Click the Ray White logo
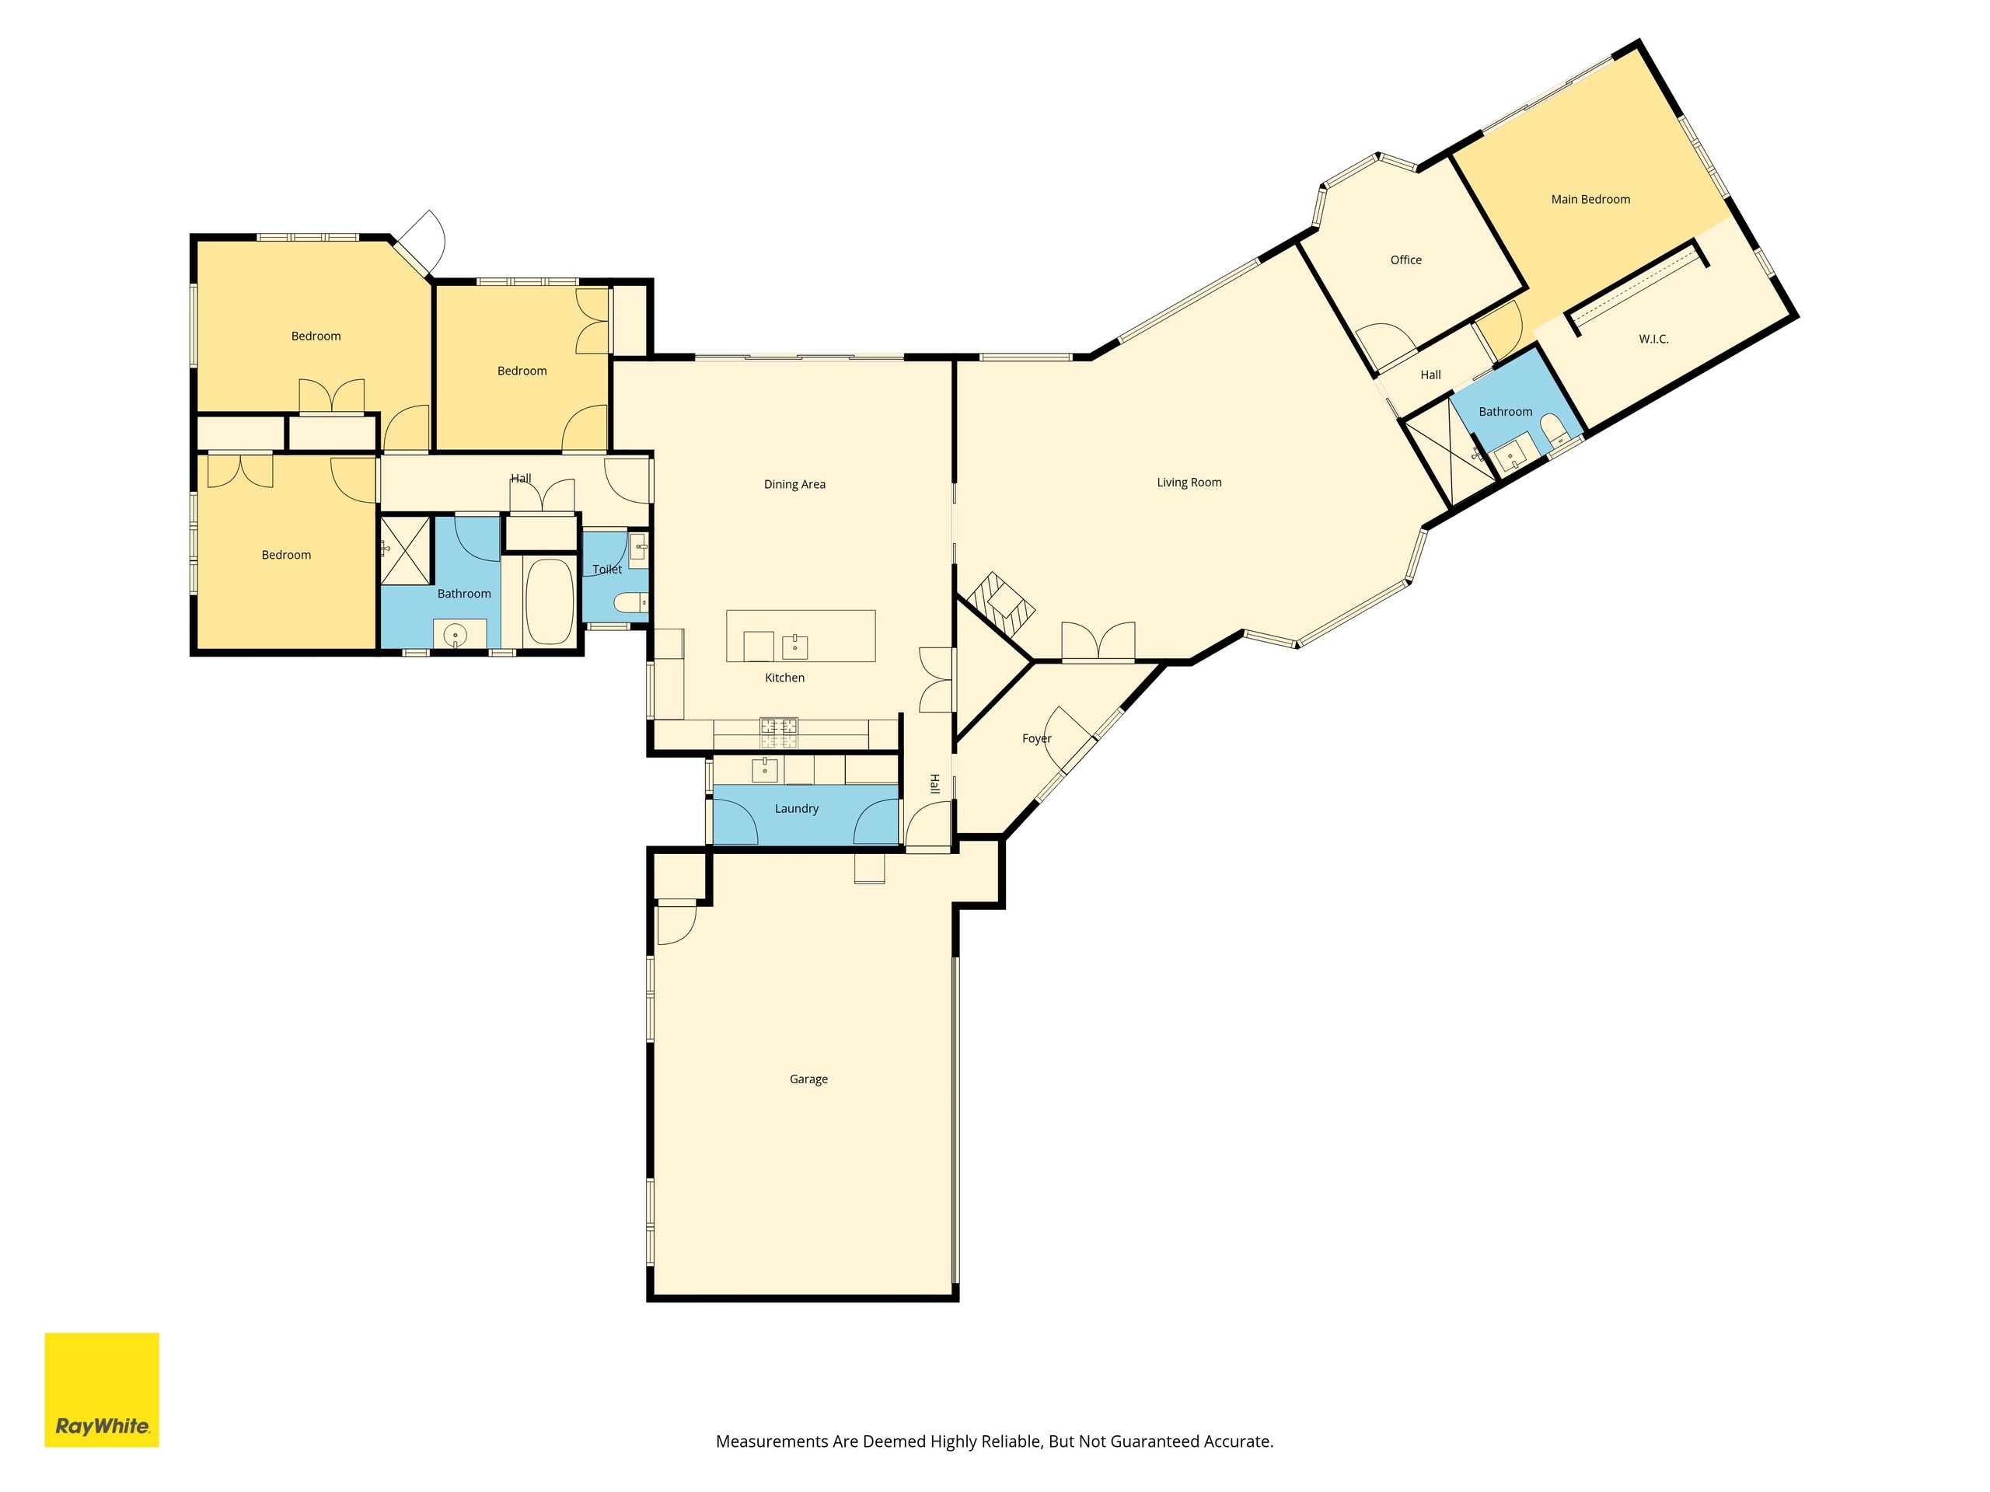click(102, 1389)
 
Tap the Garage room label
click(808, 1079)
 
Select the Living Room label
click(1189, 483)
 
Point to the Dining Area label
click(794, 485)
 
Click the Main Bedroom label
click(1590, 200)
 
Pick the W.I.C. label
click(1653, 339)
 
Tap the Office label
click(1405, 260)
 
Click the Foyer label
click(1036, 738)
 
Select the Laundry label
click(796, 808)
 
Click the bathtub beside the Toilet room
click(549, 601)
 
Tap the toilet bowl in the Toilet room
click(630, 602)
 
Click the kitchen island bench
click(801, 636)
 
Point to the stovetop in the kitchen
click(778, 732)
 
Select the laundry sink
click(765, 770)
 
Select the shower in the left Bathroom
click(406, 549)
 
